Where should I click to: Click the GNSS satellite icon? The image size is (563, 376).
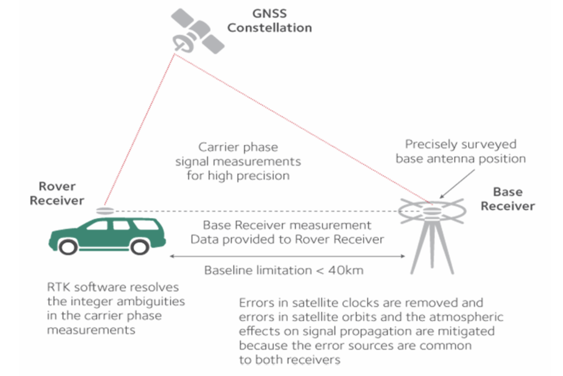[197, 32]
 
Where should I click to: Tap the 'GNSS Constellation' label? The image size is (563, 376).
[269, 21]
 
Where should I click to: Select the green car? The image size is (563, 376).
[107, 235]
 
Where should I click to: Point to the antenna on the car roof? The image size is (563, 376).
[105, 211]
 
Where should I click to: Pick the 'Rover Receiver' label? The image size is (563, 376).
[57, 193]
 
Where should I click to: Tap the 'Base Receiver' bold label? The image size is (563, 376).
[508, 199]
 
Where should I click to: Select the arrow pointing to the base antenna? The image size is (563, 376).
[457, 184]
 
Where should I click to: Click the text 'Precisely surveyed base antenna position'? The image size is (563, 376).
[461, 151]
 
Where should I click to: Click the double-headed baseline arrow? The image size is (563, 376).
[287, 256]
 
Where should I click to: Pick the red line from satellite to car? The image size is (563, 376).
[139, 130]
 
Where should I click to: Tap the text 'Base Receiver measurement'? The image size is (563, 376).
[287, 225]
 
